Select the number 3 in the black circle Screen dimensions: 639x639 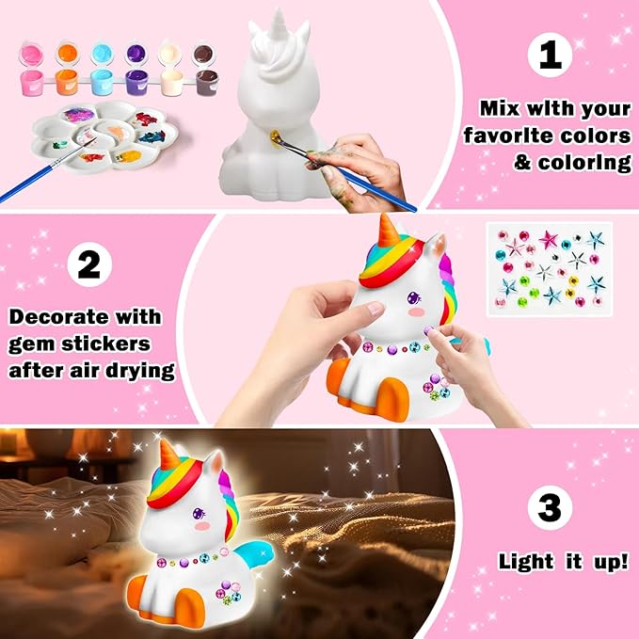(550, 509)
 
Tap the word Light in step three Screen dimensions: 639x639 (525, 562)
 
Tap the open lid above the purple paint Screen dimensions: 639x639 (134, 53)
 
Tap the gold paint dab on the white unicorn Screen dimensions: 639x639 (273, 143)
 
